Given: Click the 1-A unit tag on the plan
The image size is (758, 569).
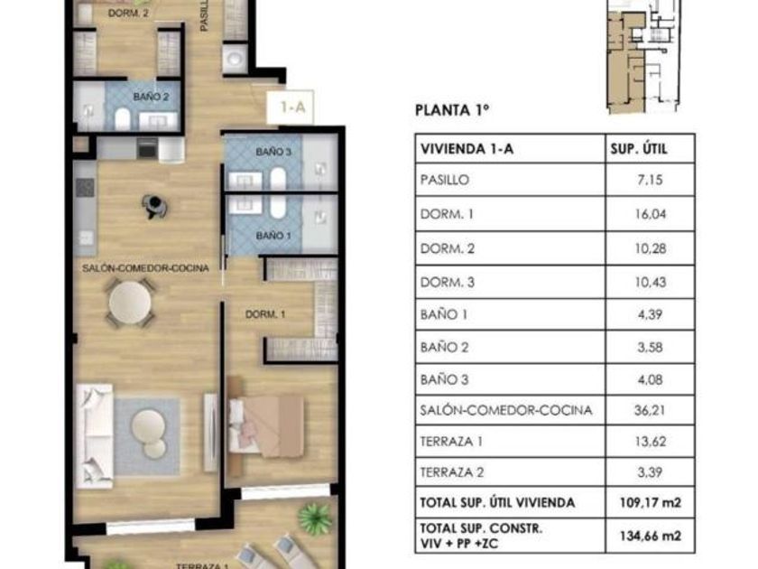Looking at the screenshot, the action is (293, 107).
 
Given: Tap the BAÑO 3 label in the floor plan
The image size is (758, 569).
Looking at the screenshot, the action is (273, 152).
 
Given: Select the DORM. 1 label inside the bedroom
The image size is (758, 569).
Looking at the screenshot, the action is (265, 314).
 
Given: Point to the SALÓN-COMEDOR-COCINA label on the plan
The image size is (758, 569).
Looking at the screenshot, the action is (145, 268).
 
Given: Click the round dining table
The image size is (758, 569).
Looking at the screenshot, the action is (130, 303).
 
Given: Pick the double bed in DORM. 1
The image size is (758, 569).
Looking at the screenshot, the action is (266, 425).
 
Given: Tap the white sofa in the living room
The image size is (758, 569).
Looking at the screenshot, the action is (95, 435).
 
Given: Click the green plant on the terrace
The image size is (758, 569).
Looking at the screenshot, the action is (315, 519).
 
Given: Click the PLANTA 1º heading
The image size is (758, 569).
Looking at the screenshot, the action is (452, 110).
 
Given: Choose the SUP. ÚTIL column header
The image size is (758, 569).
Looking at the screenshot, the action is (639, 149).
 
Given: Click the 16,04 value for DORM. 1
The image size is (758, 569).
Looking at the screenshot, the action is (651, 214).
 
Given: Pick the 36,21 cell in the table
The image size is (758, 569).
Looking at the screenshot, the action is (650, 410).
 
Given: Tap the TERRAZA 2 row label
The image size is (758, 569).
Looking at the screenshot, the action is (452, 472).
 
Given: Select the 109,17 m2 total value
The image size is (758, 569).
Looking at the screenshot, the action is (651, 503).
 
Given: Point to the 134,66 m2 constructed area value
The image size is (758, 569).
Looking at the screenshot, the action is (651, 536).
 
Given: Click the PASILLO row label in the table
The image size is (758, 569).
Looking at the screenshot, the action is (445, 180).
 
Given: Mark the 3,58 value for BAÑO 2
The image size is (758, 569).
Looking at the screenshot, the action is (650, 348).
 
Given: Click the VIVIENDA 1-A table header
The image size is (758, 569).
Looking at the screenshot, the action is (467, 149).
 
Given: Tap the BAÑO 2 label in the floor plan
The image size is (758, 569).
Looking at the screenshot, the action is (152, 97).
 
